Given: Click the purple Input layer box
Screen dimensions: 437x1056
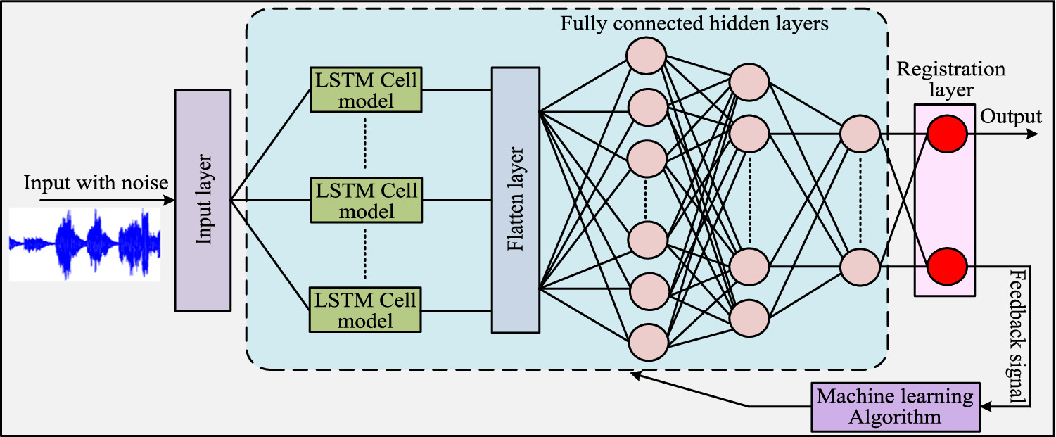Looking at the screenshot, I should (x=203, y=199).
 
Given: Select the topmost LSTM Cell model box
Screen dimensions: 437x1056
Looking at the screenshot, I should (x=365, y=90).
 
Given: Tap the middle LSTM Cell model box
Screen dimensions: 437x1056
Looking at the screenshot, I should (x=365, y=200).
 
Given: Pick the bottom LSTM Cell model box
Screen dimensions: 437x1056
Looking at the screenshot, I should (x=365, y=310).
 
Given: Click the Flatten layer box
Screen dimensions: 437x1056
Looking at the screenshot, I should (x=515, y=200).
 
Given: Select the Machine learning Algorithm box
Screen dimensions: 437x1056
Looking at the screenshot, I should (x=895, y=406).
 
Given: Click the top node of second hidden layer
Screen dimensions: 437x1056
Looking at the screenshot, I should (x=749, y=82).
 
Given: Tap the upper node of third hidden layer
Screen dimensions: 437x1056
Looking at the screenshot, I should (x=860, y=134).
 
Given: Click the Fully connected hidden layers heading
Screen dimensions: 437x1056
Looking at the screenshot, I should (x=695, y=24).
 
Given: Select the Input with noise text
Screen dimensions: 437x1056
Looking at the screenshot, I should (x=96, y=183).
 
